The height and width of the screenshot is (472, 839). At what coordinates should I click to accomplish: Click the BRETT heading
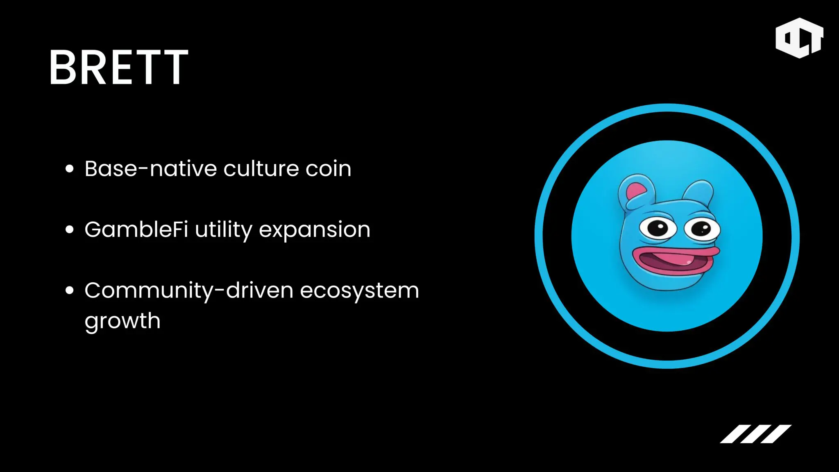pos(119,67)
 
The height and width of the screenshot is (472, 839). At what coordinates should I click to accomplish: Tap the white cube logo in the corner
pos(799,38)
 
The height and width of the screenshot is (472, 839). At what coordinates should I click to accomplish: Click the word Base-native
pos(150,168)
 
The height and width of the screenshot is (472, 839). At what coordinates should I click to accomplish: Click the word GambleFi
pos(136,229)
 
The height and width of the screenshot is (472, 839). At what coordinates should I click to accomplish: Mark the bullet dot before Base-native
pos(70,169)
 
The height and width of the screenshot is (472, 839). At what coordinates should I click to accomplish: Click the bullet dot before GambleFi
pos(70,229)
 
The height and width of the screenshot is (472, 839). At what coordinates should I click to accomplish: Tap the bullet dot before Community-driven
pos(70,290)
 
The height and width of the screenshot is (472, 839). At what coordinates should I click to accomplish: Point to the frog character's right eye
pos(701,229)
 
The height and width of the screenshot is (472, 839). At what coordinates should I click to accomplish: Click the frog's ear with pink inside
pos(635,191)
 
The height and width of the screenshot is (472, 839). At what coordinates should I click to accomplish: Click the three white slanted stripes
pos(756,434)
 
